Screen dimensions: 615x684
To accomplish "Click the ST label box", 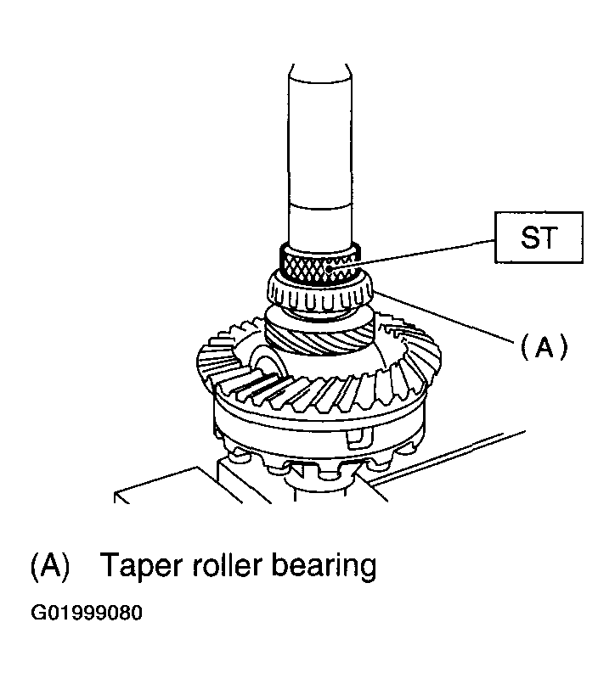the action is point(539,238).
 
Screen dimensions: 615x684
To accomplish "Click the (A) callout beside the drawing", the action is point(544,347).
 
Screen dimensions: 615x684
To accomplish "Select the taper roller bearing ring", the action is point(319,293).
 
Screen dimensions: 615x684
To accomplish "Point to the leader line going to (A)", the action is point(443,317).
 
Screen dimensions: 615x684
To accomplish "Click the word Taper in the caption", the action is point(141,566).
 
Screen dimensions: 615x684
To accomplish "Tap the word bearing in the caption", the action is point(324,567).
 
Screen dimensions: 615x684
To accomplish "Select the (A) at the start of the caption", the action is point(50,566).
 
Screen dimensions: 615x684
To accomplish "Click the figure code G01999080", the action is point(87,613).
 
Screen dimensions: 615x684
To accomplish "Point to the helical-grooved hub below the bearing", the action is point(319,336).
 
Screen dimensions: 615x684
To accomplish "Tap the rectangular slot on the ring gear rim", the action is point(359,438).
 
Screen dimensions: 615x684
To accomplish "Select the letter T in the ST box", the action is point(549,238).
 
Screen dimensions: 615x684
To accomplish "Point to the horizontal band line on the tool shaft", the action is point(320,205).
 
